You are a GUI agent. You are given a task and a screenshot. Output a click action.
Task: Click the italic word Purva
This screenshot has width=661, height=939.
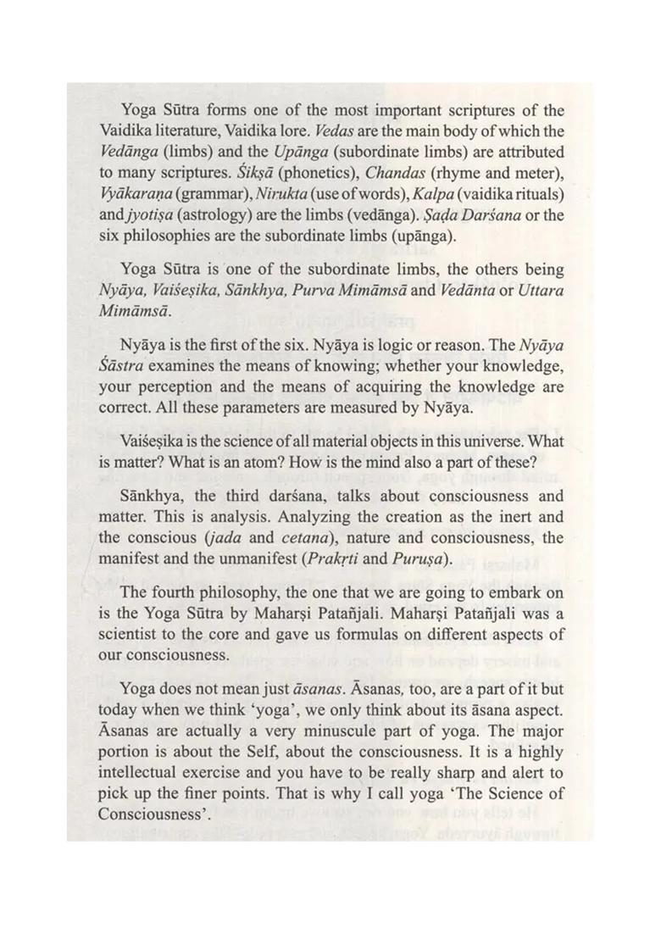click(x=363, y=288)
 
